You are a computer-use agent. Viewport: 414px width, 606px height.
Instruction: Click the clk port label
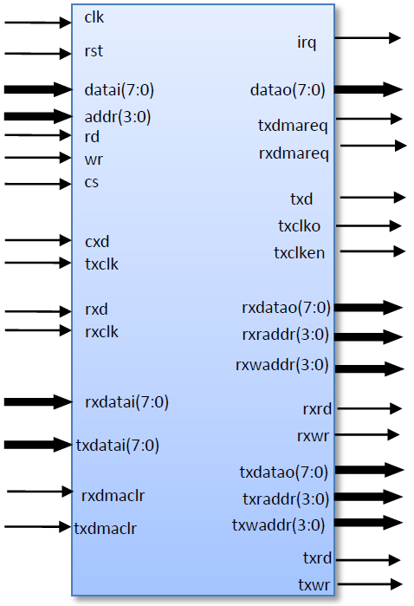click(x=94, y=17)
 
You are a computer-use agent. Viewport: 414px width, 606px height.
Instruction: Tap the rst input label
click(x=94, y=51)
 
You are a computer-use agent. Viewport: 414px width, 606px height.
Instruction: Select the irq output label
click(x=307, y=42)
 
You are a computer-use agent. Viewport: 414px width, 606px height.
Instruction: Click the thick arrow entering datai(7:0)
click(x=38, y=89)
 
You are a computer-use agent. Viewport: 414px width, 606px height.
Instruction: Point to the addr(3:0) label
click(x=118, y=117)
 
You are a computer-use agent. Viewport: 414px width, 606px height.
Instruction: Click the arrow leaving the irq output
click(x=367, y=38)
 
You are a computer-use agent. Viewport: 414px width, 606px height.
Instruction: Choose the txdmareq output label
click(x=293, y=126)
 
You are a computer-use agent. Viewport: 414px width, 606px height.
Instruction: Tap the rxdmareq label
click(x=294, y=153)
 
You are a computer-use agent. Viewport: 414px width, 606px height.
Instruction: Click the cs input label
click(x=92, y=182)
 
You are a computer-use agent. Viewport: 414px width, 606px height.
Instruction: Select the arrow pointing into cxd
click(x=38, y=240)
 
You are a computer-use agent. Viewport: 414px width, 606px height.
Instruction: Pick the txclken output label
click(x=299, y=253)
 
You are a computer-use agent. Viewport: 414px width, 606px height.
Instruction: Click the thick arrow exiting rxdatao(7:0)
click(x=368, y=308)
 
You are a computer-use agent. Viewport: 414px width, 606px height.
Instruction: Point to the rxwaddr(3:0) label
click(x=282, y=365)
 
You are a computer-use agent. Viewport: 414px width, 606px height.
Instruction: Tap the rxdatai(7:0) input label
click(x=126, y=402)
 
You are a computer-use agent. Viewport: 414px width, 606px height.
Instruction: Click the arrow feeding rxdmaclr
click(x=40, y=492)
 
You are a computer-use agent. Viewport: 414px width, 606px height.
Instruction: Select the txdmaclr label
click(x=105, y=528)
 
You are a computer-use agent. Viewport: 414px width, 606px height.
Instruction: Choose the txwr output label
click(x=314, y=585)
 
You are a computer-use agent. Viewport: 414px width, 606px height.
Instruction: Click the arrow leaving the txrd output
click(x=368, y=560)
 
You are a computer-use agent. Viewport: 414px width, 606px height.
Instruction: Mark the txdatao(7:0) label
click(x=283, y=472)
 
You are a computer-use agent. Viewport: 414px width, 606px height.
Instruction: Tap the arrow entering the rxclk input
click(x=38, y=330)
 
